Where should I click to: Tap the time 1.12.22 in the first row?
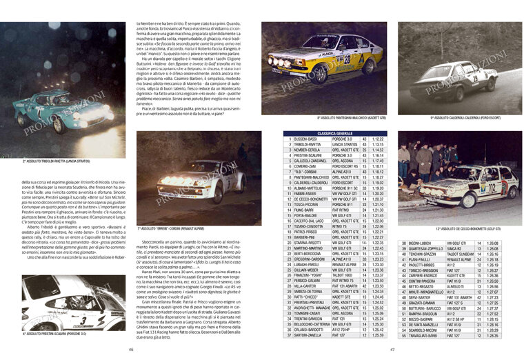tap(378, 139)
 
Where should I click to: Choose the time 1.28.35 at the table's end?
tap(492, 335)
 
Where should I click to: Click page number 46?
tap(132, 349)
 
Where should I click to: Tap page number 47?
tap(393, 349)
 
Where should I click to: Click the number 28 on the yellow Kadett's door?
tap(347, 60)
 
